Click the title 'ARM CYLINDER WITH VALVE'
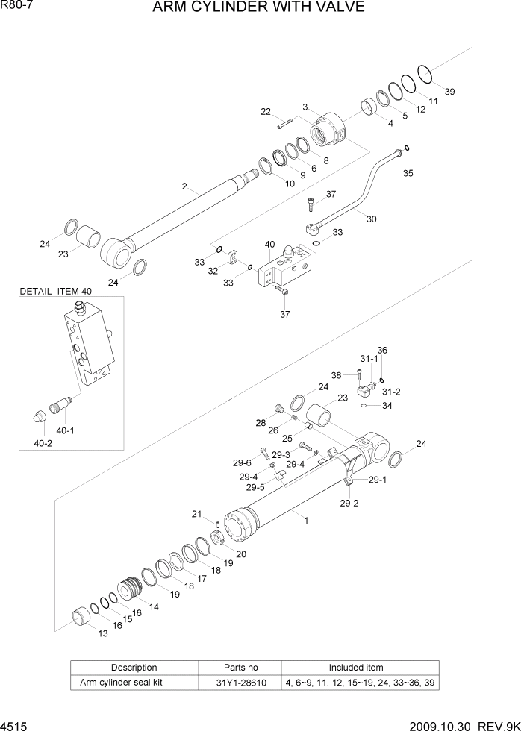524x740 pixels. click(258, 8)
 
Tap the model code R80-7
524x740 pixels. click(16, 6)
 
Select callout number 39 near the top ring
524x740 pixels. click(449, 92)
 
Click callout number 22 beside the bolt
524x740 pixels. click(265, 113)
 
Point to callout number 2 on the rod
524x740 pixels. click(184, 186)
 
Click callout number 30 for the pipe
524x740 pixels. click(372, 219)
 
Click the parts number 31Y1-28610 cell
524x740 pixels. click(240, 683)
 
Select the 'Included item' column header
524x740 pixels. click(356, 668)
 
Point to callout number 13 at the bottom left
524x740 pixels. click(102, 633)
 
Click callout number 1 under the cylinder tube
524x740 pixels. click(305, 521)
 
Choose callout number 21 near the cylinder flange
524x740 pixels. click(197, 514)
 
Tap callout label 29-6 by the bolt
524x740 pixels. click(242, 462)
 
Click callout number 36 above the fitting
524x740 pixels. click(382, 350)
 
